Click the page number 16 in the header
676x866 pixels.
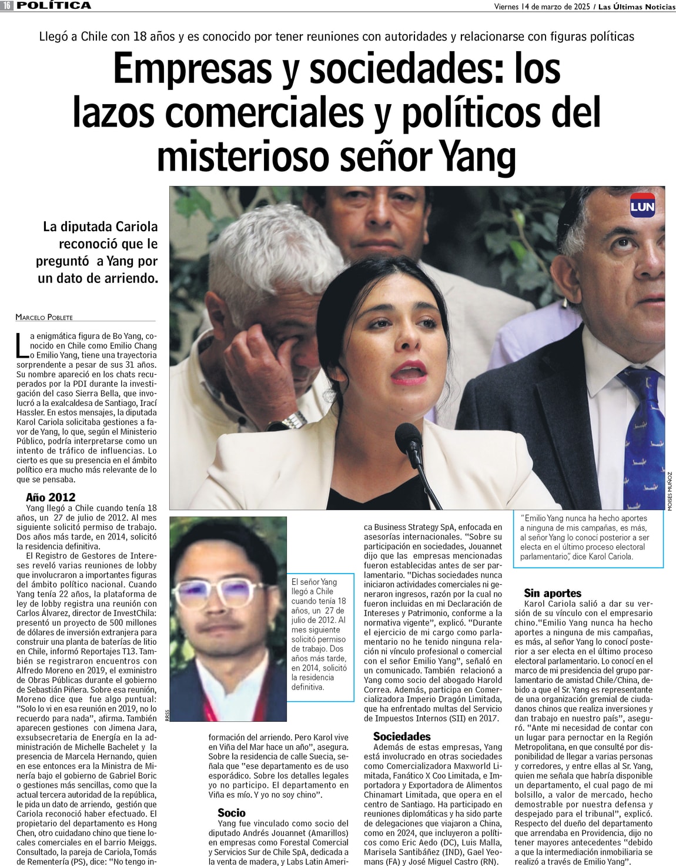pyautogui.click(x=7, y=5)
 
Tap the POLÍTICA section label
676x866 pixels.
pyautogui.click(x=54, y=5)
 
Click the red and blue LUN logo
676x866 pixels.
pyautogui.click(x=642, y=206)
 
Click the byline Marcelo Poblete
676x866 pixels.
pyautogui.click(x=44, y=317)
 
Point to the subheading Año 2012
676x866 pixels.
pyautogui.click(x=51, y=497)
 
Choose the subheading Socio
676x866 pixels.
pyautogui.click(x=232, y=813)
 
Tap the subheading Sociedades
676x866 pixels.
pyautogui.click(x=401, y=736)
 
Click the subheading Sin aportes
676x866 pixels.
pyautogui.click(x=553, y=593)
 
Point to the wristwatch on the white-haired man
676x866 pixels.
pyautogui.click(x=294, y=420)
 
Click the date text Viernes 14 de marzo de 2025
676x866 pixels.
pyautogui.click(x=533, y=6)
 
